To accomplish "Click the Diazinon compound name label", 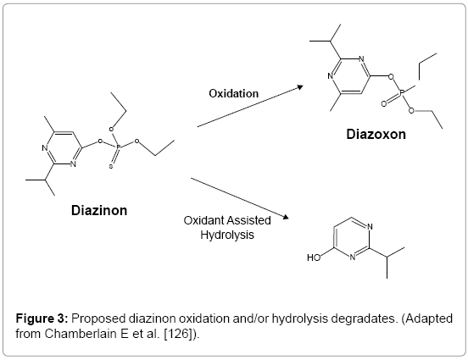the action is pos(99,210).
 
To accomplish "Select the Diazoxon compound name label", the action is pos(376,134).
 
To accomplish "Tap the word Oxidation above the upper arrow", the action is pos(234,94).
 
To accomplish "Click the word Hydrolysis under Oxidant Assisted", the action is pos(227,235).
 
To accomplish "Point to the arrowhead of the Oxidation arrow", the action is pos(300,87).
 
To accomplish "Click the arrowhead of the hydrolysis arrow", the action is pos(286,217).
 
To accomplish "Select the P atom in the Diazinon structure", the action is pos(118,147).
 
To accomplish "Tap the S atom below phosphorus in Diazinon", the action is pos(111,166).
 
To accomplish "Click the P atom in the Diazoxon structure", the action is pos(402,94).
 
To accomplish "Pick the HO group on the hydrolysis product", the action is pos(314,258).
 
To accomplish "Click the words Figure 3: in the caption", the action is pos(42,318).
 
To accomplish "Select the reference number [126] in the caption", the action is pos(178,334).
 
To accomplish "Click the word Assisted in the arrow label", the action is pos(249,221).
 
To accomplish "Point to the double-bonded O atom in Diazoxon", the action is pos(384,104).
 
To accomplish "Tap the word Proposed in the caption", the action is pos(98,318).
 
